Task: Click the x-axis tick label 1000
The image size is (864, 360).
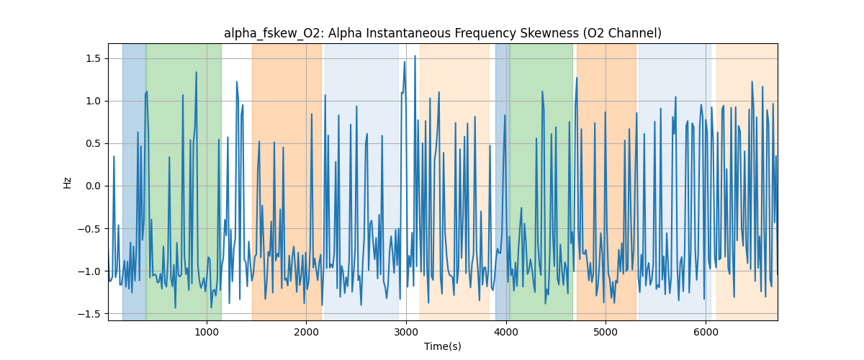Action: [207, 332]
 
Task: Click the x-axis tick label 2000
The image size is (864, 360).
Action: [307, 332]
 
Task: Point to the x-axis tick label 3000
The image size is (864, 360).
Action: [406, 332]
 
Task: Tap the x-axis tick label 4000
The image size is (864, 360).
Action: [506, 332]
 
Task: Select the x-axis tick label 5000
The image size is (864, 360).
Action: [606, 332]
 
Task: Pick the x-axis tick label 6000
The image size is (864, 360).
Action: [705, 332]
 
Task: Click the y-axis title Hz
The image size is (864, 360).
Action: [68, 182]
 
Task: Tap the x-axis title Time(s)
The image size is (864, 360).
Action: [443, 346]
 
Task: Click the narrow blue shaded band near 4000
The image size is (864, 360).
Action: [502, 180]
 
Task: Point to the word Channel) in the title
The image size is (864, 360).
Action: [636, 33]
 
